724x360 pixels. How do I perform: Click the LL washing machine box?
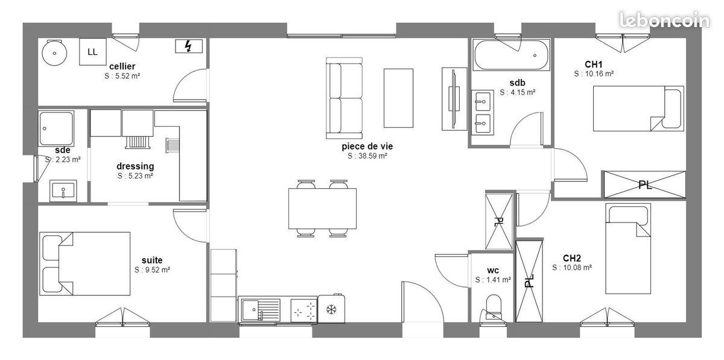coord(93,52)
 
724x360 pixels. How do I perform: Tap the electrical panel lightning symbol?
coord(189,46)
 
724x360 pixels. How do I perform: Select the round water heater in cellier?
coord(54,52)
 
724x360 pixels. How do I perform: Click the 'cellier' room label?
coord(122,66)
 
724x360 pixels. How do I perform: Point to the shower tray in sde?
coord(56,128)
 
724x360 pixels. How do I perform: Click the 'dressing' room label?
coord(135,166)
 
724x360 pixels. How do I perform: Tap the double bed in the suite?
coord(85,264)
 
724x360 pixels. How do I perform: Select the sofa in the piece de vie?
coord(345,98)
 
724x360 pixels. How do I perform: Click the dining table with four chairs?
coord(322,209)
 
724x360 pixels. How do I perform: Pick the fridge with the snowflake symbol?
coord(331,309)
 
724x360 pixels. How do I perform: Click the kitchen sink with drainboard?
coord(261,310)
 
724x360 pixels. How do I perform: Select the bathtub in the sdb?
coord(511,55)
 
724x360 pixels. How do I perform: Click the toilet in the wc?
coord(494,308)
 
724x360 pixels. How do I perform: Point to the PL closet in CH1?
coord(645,185)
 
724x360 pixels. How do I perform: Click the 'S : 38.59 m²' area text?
coord(367,156)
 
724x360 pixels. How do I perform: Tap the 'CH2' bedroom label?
coord(572,258)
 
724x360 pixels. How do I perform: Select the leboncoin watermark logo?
coord(664,20)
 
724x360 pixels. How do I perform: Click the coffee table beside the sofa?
coord(399,98)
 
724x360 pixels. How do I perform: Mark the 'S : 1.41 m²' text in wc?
coord(493,280)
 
